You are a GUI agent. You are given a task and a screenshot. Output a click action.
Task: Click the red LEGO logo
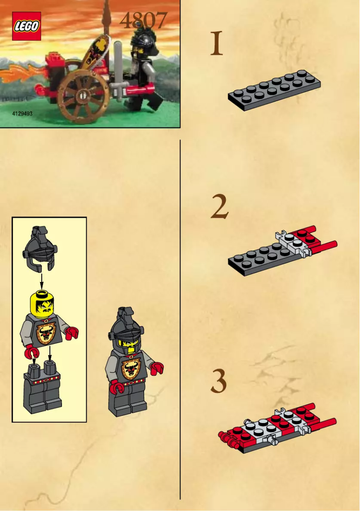26,26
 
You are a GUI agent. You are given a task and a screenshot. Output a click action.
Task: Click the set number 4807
143,20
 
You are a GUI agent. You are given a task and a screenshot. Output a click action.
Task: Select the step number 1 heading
217,44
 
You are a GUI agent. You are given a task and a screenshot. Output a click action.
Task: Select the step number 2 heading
220,208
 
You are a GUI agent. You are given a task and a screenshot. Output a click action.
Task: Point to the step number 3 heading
219,382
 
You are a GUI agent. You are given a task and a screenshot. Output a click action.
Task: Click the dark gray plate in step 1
274,90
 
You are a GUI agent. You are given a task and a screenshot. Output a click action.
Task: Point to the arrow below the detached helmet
41,281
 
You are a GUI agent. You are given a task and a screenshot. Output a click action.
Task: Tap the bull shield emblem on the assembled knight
130,369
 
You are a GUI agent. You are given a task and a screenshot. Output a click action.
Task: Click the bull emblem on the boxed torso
45,334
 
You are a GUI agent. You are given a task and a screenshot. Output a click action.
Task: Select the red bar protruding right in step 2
325,246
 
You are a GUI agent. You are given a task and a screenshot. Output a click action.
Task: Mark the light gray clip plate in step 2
292,243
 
